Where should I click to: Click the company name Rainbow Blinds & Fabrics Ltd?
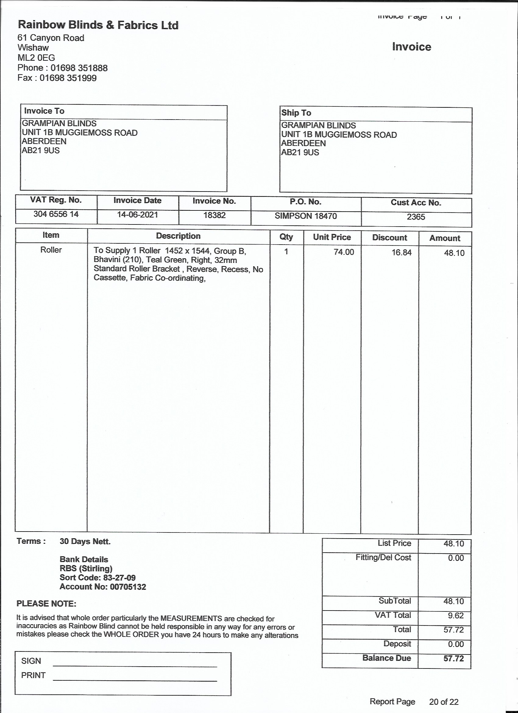pos(98,25)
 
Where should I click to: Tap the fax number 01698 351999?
pos(68,78)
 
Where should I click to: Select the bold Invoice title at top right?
pos(412,47)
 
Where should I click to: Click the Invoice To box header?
pos(44,111)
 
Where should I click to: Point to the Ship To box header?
pos(296,113)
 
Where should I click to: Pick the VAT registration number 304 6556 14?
pos(56,214)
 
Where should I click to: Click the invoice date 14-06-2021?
pos(137,215)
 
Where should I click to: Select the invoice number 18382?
pos(215,215)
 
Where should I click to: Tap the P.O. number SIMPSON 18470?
pos(306,216)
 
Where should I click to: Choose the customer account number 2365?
pos(416,217)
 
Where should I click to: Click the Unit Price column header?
pos(332,237)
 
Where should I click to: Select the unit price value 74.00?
pos(344,252)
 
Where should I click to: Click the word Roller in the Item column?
pos(51,250)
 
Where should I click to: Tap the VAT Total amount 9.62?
pos(456,615)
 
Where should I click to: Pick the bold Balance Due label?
pos(386,658)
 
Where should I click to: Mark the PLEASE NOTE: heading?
pos(46,604)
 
